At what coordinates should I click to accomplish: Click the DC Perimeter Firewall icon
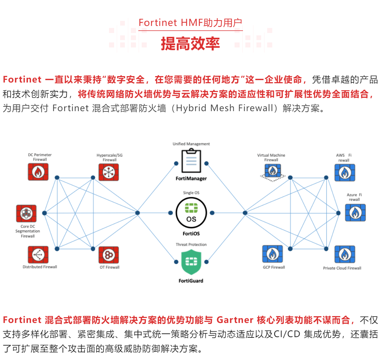pos(38,172)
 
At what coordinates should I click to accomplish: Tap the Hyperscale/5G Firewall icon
pos(109,172)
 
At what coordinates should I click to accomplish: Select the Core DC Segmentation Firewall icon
pos(26,213)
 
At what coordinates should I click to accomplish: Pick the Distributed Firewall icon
pos(38,255)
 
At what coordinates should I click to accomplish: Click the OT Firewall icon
pos(109,255)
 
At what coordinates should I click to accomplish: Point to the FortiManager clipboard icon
pos(191,161)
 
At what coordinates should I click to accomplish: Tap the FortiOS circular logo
pos(191,213)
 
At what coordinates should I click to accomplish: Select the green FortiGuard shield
pos(191,262)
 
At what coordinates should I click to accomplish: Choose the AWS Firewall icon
pos(345,173)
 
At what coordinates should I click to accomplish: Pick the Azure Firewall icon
pos(355,212)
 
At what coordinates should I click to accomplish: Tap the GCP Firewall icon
pos(273,254)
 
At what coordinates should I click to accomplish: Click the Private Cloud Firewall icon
pos(345,255)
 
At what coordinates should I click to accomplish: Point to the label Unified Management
pos(191,144)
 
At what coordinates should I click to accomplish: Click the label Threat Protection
pos(191,244)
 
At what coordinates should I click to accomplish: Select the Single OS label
pos(191,193)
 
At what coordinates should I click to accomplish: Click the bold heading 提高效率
pos(190,44)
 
